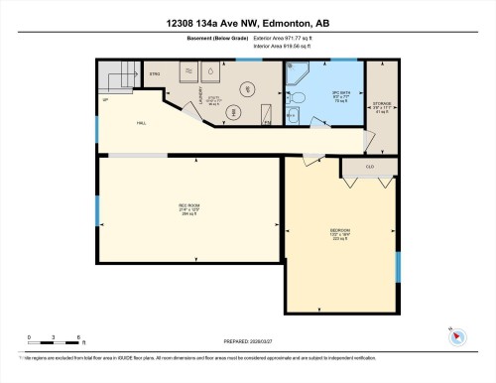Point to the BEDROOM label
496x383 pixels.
340,234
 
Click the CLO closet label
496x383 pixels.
369,168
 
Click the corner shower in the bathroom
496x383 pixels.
299,74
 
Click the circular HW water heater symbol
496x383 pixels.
235,111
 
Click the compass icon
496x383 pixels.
456,334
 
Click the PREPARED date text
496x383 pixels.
247,342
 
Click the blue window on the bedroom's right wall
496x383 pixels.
397,266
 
